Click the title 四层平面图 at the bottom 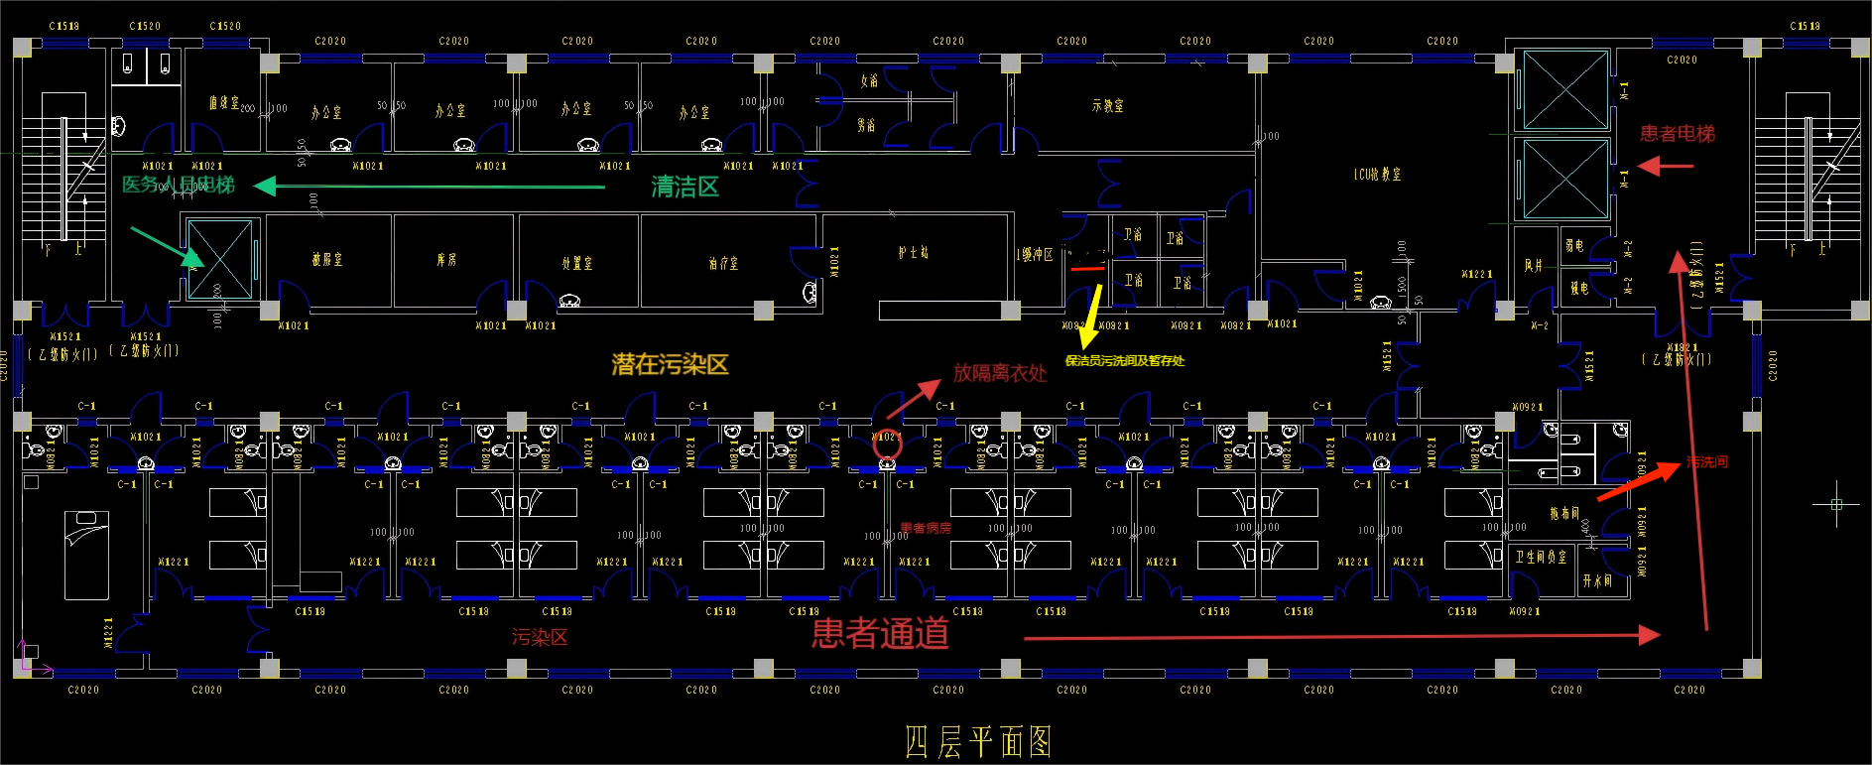pos(978,741)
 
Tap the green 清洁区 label pos(685,187)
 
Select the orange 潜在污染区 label pos(670,364)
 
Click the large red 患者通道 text pos(880,633)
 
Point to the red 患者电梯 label pos(1677,133)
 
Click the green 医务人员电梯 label pos(179,185)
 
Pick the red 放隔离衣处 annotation pos(999,373)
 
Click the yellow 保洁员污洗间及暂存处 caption pos(1124,361)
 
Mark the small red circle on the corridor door pos(887,445)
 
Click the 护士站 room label pos(913,253)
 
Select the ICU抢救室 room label pos(1377,175)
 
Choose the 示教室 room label pos(1107,105)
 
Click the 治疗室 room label pos(723,263)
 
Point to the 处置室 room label pos(576,263)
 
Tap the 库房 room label pos(446,260)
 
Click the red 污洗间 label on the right pos(1706,462)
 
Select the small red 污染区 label pos(540,637)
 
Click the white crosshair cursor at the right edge pos(1836,504)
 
